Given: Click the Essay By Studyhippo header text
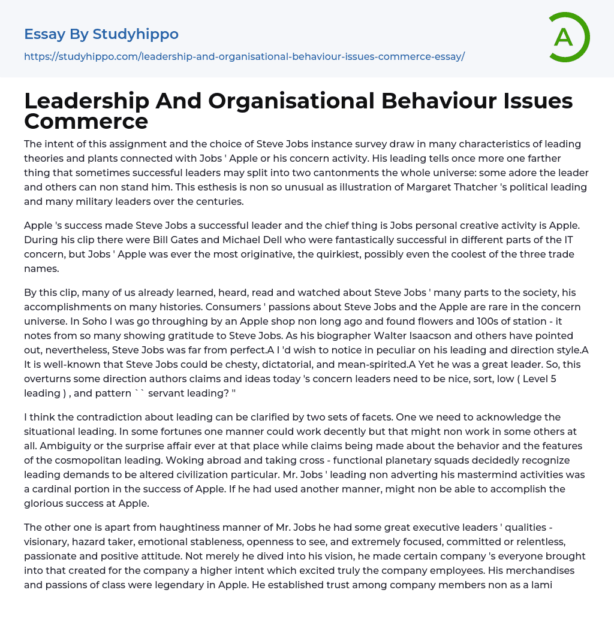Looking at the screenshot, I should [x=101, y=34].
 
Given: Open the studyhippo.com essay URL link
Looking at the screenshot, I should [x=244, y=56].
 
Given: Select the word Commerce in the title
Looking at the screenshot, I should [x=86, y=121].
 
